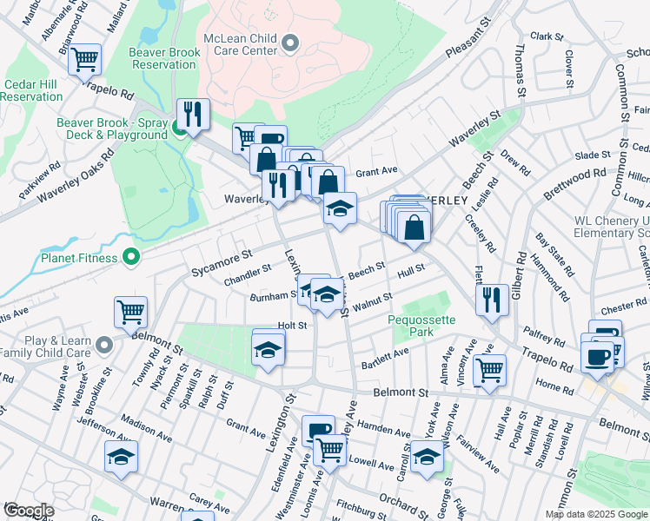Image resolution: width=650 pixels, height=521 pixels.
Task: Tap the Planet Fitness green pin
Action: tap(131, 256)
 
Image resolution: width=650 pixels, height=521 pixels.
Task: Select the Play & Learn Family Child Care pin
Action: tap(104, 346)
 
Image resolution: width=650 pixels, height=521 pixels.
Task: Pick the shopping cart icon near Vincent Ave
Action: tap(490, 370)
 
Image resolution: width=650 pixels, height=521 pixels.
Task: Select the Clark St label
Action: tap(547, 37)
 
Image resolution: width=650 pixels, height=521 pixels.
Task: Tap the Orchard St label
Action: tap(399, 502)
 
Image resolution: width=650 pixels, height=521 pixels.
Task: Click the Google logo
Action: tap(29, 511)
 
